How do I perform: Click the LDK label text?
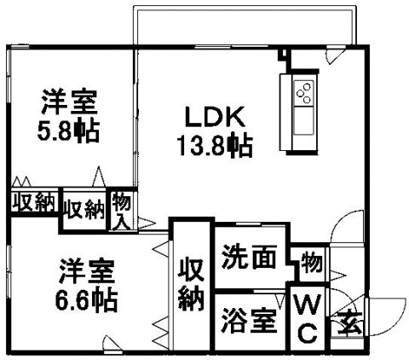click(215, 117)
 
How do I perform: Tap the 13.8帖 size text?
click(215, 146)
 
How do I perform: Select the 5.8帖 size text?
click(68, 131)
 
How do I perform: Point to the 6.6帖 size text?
click(86, 300)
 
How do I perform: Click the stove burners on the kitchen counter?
click(303, 93)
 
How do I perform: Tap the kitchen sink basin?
click(303, 120)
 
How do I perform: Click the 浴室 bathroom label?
click(249, 321)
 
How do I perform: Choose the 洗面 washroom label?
click(249, 257)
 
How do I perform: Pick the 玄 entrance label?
click(349, 322)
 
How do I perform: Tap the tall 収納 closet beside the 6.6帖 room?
click(191, 284)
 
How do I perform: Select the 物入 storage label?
click(122, 211)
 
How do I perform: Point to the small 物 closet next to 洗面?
click(312, 262)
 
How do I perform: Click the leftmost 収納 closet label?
click(34, 203)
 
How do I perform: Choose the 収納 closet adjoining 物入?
click(84, 209)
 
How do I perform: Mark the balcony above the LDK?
click(245, 25)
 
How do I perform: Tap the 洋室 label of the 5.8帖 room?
click(70, 102)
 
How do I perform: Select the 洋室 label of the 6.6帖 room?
click(87, 271)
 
